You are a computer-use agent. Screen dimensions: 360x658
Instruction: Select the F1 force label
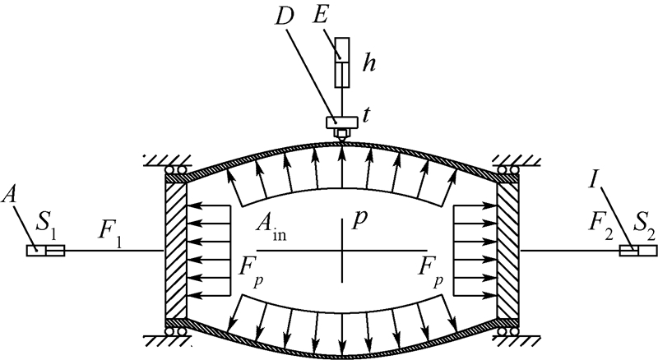coord(109,226)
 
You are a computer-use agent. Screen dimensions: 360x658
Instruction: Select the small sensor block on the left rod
coord(39,250)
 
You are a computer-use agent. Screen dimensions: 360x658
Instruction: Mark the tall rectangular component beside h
coord(341,62)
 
